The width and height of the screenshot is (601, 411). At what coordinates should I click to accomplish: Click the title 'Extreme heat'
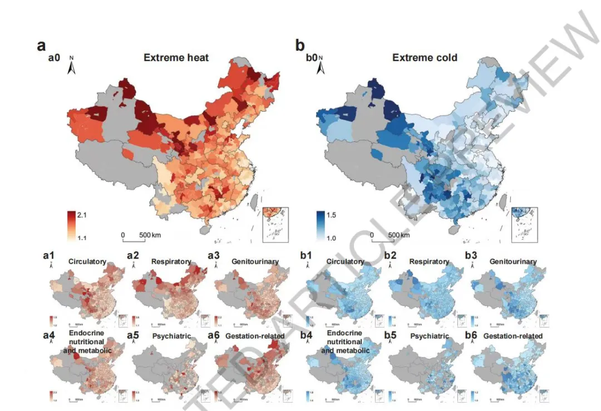point(176,57)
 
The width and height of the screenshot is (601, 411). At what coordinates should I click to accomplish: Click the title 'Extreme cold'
point(425,57)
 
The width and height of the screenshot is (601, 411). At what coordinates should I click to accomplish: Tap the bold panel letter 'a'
point(41,46)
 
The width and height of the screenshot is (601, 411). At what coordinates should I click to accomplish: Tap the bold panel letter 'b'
point(299,46)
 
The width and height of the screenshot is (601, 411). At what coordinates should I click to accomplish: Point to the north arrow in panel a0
point(72,66)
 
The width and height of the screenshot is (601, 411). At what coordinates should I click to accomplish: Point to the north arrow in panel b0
point(321,66)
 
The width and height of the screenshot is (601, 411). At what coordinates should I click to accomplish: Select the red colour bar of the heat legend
point(71,225)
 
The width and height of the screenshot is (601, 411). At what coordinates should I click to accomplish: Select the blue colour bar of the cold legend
point(321,225)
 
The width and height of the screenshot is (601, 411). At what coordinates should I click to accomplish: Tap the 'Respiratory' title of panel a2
point(173,261)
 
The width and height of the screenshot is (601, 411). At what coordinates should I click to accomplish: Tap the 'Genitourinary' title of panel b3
point(513,261)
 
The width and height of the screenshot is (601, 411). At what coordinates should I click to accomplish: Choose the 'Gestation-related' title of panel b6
point(513,336)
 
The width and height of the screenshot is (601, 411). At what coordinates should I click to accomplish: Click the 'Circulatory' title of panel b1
point(345,261)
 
